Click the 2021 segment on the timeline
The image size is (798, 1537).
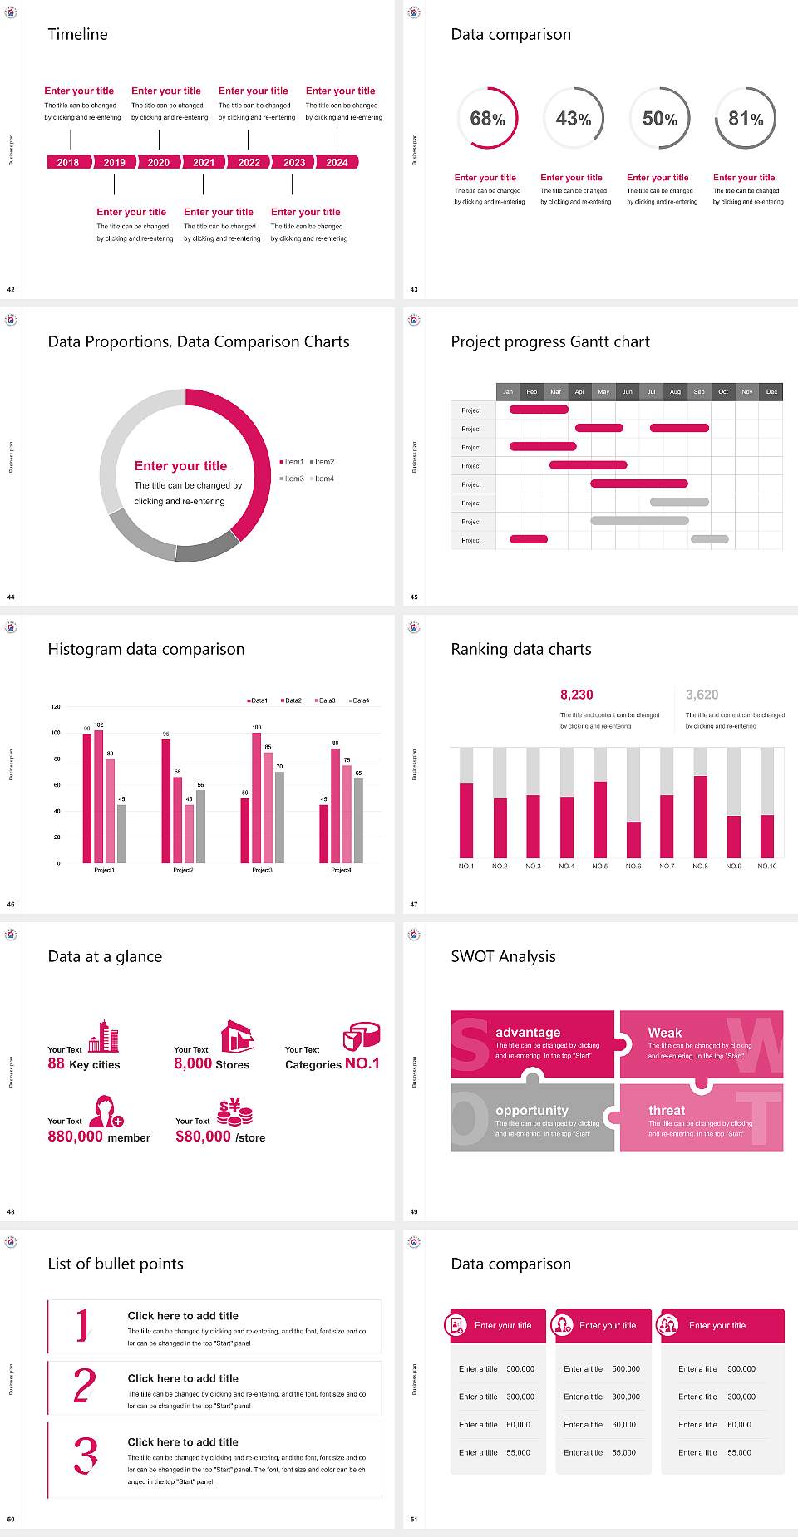pos(204,162)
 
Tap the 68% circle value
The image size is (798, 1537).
pos(487,119)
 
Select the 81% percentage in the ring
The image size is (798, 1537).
pos(746,119)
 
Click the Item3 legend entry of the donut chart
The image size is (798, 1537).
pos(292,479)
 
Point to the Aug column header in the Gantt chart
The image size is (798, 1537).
pos(675,391)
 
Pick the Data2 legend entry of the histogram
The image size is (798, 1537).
pos(291,700)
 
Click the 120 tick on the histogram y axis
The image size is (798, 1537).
pos(56,707)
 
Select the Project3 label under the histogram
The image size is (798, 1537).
pos(262,870)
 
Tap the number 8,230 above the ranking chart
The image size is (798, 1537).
pos(577,695)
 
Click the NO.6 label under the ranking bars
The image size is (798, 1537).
pos(633,866)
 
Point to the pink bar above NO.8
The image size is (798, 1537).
pos(701,816)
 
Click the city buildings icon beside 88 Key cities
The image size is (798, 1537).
pos(104,1036)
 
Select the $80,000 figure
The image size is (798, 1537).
pos(203,1137)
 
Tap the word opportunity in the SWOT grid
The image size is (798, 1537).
pos(532,1111)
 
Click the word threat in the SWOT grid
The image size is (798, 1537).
pos(667,1111)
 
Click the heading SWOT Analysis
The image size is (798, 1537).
pos(503,956)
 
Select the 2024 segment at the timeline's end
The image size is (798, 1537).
pos(337,162)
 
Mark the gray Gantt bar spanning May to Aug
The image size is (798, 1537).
pos(639,521)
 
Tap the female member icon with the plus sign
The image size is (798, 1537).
pos(106,1112)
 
